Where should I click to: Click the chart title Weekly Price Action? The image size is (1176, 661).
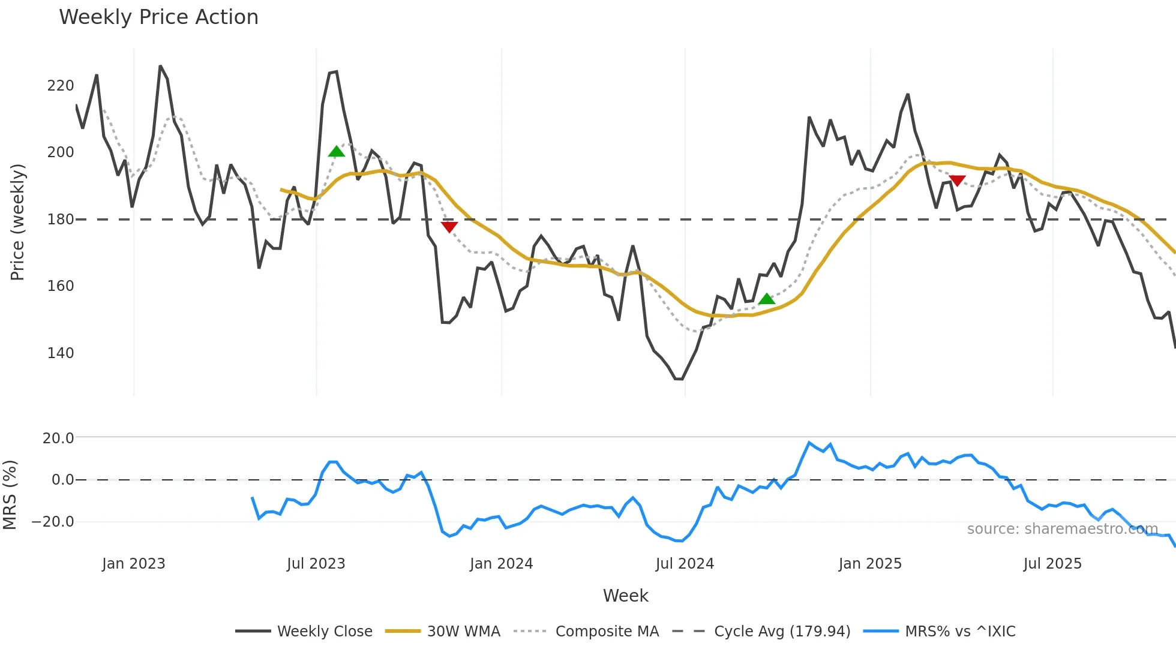[158, 17]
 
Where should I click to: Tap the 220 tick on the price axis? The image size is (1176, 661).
[61, 86]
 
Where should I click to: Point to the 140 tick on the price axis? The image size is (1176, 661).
[61, 353]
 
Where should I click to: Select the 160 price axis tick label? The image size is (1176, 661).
[61, 286]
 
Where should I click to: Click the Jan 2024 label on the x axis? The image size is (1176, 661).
[501, 564]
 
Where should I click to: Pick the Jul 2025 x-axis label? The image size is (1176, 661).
[1052, 564]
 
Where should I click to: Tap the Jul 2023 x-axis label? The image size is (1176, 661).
[316, 564]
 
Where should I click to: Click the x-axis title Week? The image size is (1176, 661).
[625, 596]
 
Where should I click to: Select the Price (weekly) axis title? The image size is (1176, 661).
[17, 222]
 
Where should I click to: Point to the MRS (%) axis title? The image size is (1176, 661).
[10, 495]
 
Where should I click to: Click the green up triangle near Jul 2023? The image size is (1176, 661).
[337, 152]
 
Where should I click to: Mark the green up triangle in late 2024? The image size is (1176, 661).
[766, 299]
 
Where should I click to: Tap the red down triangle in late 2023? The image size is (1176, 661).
[449, 227]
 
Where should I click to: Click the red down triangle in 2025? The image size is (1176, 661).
[958, 181]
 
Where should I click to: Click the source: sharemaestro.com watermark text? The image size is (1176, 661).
[1062, 529]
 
